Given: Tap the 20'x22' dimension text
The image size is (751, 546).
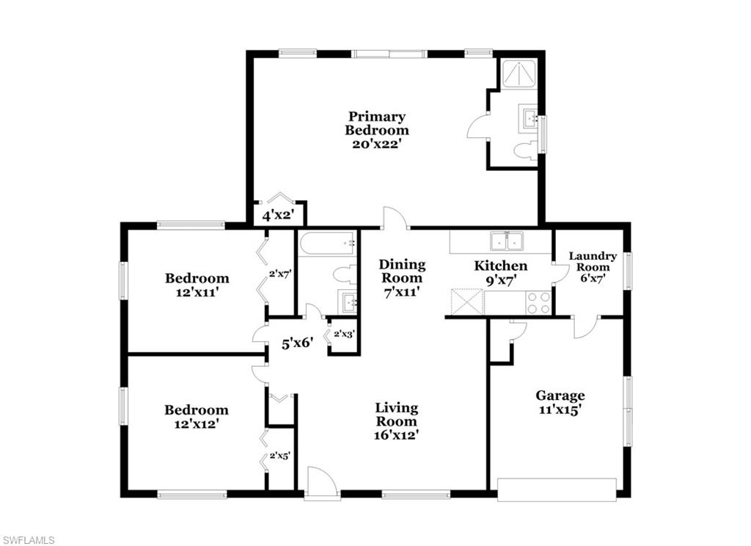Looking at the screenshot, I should coord(377,144).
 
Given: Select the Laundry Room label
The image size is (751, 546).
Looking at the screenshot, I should coord(593,261).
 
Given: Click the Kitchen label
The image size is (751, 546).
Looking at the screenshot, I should coord(500,266).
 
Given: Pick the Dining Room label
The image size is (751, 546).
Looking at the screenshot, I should coord(402,271).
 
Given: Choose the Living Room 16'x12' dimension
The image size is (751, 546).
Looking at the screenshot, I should coord(397,434).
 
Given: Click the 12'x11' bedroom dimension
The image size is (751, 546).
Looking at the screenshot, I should coord(197,292).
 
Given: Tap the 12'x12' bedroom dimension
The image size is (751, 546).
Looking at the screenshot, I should coord(197,423).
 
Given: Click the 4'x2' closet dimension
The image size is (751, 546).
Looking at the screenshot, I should coord(278,216).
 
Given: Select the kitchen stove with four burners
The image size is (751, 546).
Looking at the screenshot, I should coord(539,302).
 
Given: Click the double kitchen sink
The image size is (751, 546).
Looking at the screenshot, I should coord(507,241).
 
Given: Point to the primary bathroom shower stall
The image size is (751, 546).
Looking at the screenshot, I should coord(520,74).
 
